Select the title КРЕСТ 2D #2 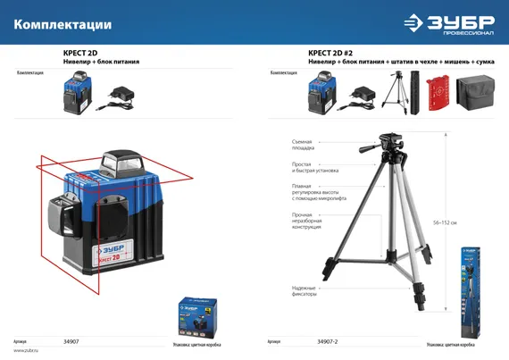coord(333,53)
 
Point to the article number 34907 coord(71,340)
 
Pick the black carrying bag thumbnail coord(474,93)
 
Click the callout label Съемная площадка coord(303,144)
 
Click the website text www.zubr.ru coord(25,350)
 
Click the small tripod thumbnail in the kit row coord(391,93)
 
